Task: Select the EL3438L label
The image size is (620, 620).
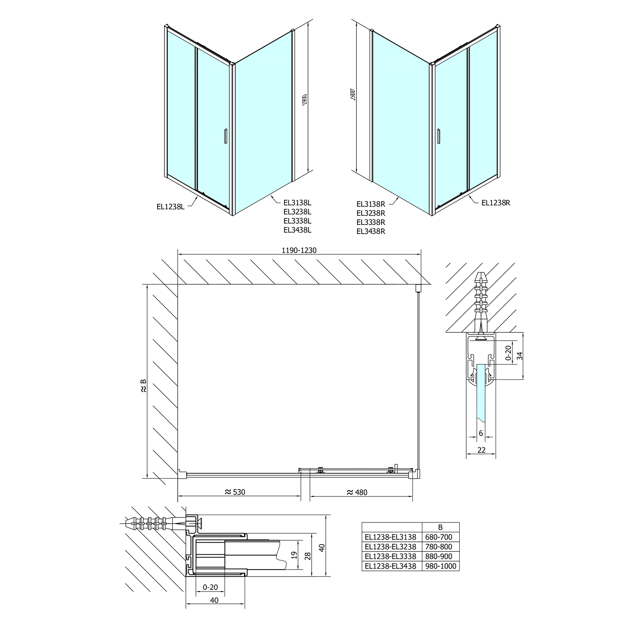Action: (298, 230)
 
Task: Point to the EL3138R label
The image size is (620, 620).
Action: (371, 204)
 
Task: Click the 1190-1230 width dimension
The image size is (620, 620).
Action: (299, 250)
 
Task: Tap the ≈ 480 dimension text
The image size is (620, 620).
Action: (357, 492)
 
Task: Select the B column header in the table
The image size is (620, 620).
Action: (440, 527)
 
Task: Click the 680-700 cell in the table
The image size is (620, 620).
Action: (439, 537)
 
